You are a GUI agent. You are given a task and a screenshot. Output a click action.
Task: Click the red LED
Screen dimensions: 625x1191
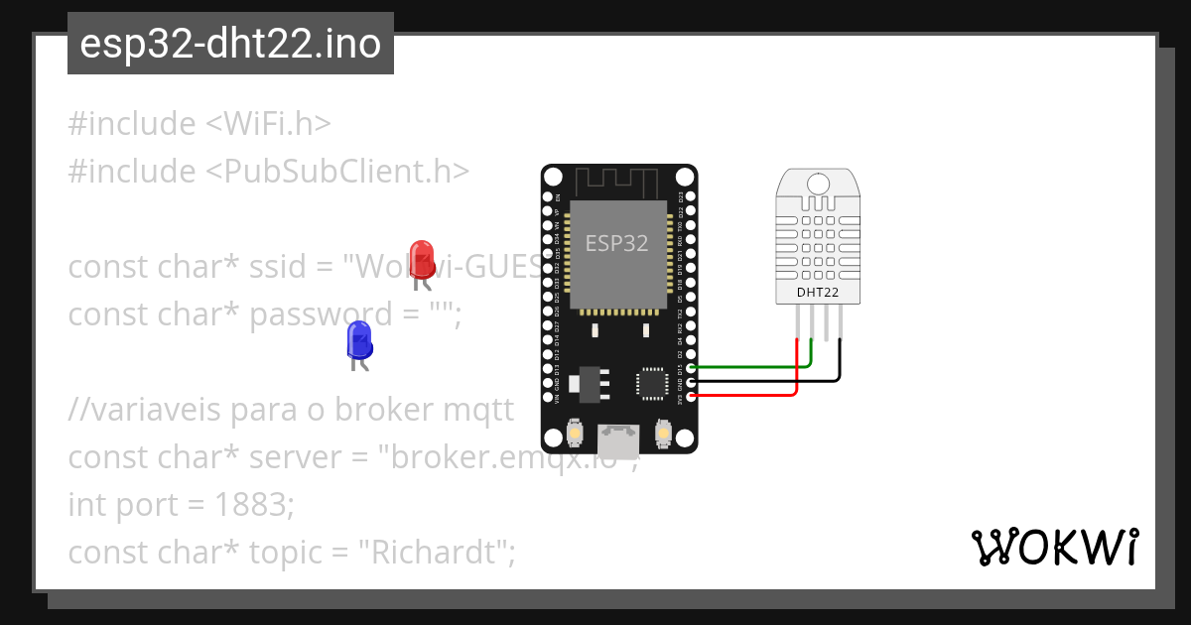tap(422, 259)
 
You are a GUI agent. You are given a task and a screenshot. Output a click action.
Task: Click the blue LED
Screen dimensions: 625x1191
tap(358, 339)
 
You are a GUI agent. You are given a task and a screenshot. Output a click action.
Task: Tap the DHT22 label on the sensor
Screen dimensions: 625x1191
tap(818, 293)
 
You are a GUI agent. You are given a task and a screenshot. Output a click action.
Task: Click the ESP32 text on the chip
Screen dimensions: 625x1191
tap(616, 243)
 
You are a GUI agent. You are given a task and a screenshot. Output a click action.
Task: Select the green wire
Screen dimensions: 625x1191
tap(754, 366)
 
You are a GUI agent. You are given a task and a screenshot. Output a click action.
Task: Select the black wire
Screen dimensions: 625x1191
tap(764, 380)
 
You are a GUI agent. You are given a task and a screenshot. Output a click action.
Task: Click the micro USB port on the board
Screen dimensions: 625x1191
tap(618, 437)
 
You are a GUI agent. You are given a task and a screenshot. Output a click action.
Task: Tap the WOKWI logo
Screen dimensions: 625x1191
tap(1055, 548)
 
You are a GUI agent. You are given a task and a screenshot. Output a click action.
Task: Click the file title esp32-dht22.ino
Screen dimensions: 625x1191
tap(230, 45)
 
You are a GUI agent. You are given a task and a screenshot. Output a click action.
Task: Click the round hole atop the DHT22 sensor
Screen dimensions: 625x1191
tap(818, 184)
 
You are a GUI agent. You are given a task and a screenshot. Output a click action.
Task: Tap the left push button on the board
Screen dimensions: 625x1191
tap(574, 434)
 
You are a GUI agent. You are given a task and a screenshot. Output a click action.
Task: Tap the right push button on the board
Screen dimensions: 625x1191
tap(664, 434)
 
